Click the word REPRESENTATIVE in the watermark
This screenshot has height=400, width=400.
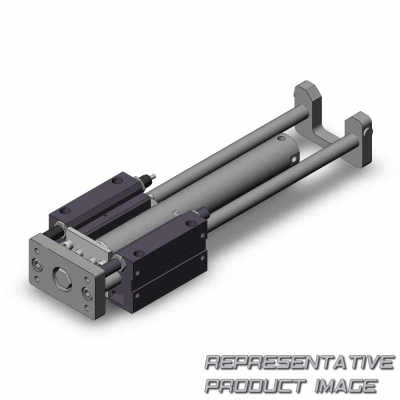(x=299, y=362)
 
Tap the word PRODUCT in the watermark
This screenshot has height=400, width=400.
(x=256, y=385)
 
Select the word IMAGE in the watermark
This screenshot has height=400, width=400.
(x=345, y=385)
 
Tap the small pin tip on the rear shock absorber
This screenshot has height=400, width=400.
(x=153, y=176)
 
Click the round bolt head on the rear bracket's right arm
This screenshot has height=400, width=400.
(x=368, y=132)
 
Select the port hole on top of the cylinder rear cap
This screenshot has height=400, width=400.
(x=281, y=139)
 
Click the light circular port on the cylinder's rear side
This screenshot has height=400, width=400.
(x=294, y=159)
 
